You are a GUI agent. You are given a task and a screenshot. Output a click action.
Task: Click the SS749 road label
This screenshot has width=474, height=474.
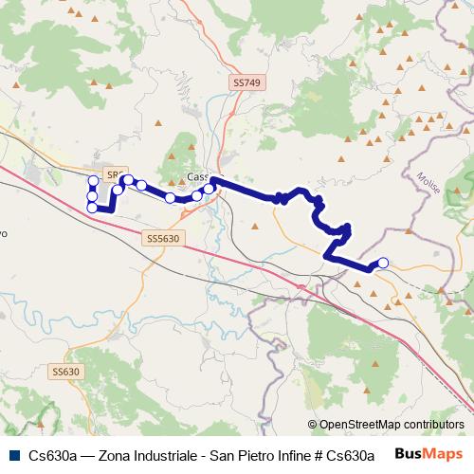coord(246,83)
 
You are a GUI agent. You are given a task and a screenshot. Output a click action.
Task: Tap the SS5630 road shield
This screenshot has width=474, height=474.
coord(165,239)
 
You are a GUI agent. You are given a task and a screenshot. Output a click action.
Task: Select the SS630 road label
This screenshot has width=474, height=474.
coord(66,372)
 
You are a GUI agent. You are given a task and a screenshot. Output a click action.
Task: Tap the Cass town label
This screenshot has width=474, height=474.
coord(197,176)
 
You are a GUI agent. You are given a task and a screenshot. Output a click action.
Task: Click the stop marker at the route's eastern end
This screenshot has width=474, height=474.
coord(383,263)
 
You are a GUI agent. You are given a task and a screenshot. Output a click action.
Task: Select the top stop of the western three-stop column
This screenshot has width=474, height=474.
coord(93,180)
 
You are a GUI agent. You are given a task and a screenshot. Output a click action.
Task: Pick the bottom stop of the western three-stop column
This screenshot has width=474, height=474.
coord(92,207)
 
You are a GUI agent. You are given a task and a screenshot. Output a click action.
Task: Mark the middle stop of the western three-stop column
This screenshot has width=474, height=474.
coord(92,195)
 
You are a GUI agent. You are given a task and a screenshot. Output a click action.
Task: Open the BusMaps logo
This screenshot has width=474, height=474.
coord(428,454)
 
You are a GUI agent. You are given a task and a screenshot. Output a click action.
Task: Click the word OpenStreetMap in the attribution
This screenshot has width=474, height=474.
coord(357,425)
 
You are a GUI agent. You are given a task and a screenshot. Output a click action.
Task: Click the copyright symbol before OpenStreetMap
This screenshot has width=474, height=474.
coord(313,425)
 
